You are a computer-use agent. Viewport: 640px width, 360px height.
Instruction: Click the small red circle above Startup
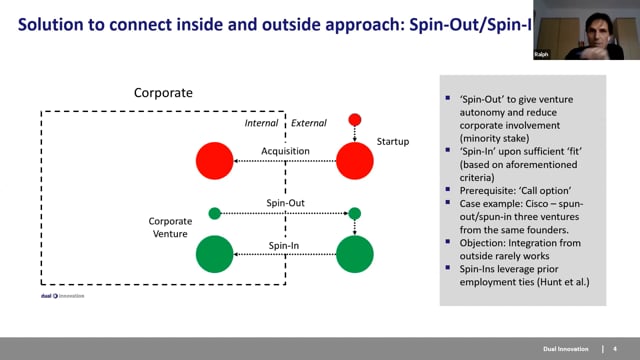(354, 120)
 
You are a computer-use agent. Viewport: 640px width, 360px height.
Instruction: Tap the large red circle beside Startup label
(354, 160)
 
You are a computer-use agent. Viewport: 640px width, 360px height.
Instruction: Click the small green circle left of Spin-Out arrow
(214, 212)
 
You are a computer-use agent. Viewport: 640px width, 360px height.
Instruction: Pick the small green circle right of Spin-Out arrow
(354, 212)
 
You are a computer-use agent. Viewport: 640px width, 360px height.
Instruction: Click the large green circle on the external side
(354, 254)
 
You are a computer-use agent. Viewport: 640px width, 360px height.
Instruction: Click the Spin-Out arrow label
(285, 203)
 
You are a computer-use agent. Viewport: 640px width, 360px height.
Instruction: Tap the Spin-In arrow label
(285, 245)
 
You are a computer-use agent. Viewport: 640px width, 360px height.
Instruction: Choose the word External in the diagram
(308, 124)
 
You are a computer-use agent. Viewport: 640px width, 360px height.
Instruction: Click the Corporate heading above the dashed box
(163, 93)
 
